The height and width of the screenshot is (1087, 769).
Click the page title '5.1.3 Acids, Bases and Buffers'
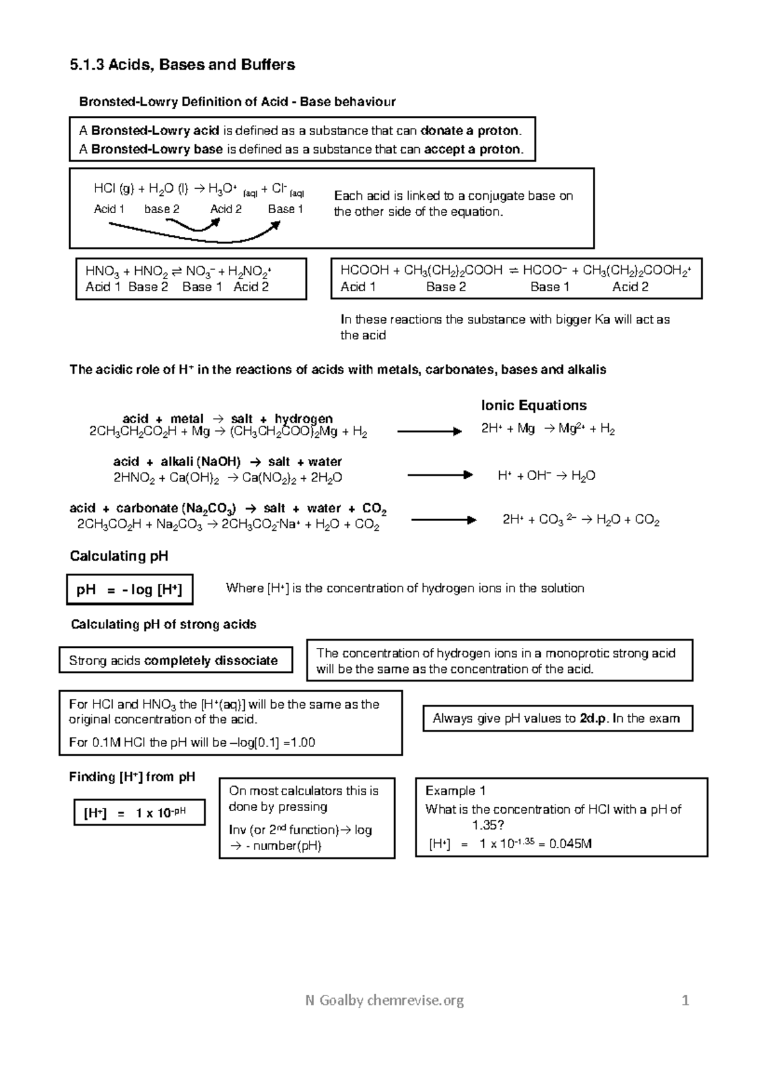coord(182,65)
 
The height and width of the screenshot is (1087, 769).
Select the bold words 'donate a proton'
coord(470,131)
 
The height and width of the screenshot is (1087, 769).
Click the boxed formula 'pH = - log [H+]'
coord(129,590)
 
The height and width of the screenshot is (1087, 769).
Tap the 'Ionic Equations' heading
coord(534,405)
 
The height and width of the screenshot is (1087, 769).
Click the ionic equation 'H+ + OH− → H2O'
coord(547,476)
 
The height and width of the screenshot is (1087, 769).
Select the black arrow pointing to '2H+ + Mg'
coord(429,431)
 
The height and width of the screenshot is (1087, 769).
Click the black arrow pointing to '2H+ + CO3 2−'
coord(443,520)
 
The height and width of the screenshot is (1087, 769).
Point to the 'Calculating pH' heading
coord(119,556)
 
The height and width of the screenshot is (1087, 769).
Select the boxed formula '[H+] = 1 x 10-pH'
coord(139,813)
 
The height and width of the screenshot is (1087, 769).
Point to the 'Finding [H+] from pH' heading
coord(132,777)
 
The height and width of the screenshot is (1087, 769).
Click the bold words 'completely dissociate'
coord(211,661)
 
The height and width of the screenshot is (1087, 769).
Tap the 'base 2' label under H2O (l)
coord(161,209)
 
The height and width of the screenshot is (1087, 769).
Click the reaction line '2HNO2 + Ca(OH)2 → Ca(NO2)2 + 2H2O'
coord(227,478)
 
